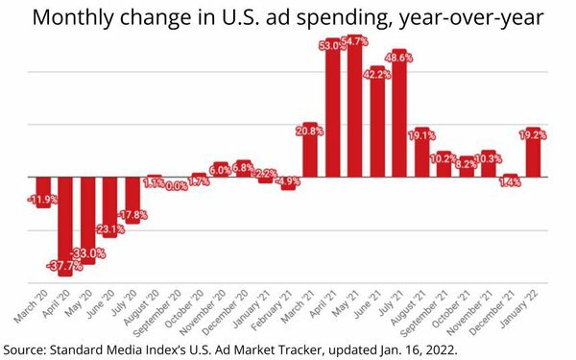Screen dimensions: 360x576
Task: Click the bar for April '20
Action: click(65, 226)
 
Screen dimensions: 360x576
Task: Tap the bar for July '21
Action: click(400, 115)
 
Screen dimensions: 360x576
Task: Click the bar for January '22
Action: click(533, 154)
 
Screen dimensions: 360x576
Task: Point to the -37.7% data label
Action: click(65, 266)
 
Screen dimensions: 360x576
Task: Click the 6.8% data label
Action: click(244, 167)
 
